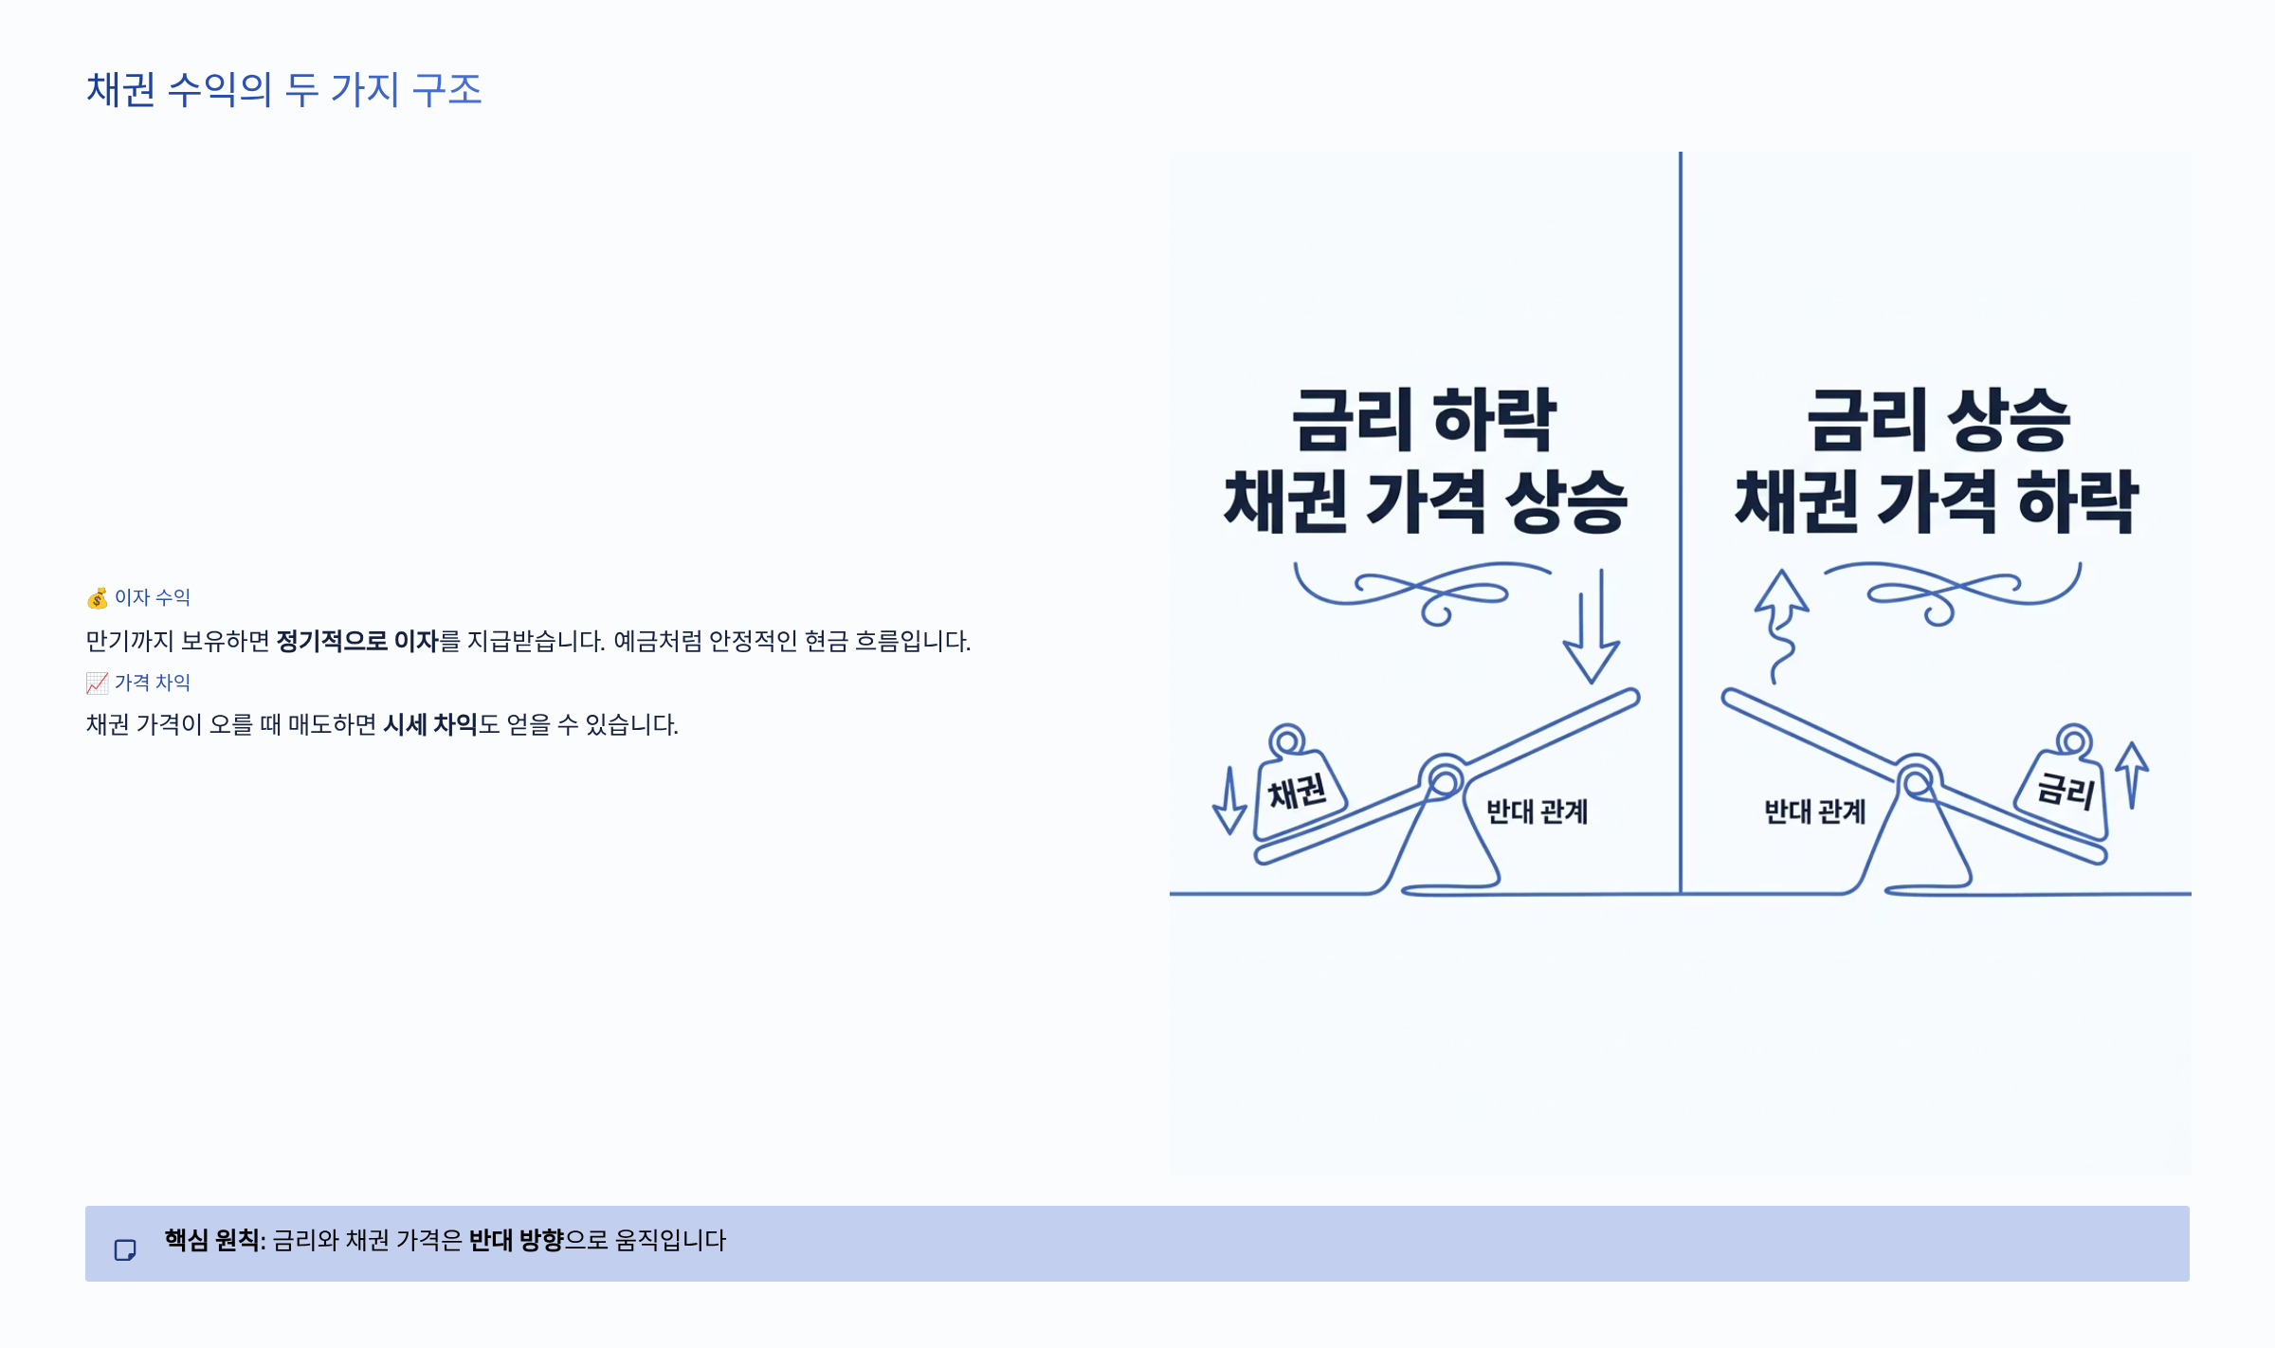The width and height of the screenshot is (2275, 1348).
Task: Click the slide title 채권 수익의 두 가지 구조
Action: point(284,90)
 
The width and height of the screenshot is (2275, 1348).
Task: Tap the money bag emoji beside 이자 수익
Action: point(97,598)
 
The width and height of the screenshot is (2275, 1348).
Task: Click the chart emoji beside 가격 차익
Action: point(97,683)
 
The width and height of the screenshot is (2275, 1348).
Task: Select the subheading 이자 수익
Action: point(153,598)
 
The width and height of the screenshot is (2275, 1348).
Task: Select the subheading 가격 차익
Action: point(153,683)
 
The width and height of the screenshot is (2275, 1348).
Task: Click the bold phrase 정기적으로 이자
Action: point(356,642)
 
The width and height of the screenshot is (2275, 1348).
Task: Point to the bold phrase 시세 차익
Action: point(429,725)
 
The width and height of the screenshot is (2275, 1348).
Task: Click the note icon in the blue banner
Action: point(125,1250)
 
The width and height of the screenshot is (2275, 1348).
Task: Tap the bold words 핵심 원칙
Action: point(211,1241)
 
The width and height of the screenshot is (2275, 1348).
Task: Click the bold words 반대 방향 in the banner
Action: point(516,1241)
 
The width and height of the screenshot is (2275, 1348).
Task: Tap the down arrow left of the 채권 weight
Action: point(1229,802)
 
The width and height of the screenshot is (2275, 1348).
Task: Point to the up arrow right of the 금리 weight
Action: point(2132,774)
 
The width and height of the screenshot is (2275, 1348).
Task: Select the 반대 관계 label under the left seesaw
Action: point(1537,812)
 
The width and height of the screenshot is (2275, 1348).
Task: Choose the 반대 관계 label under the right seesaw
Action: point(1814,812)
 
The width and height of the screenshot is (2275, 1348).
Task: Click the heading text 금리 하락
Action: point(1424,420)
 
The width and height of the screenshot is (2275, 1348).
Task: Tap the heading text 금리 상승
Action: point(1938,420)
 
